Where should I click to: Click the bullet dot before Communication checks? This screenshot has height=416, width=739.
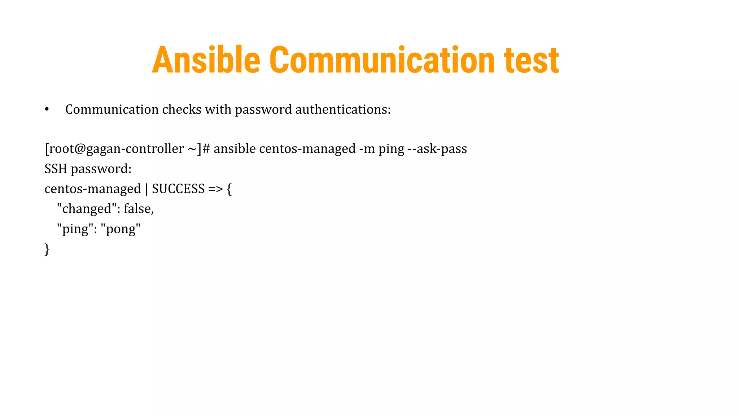(47, 109)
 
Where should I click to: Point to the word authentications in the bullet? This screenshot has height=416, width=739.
(343, 109)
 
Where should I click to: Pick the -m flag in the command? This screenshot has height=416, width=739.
(367, 148)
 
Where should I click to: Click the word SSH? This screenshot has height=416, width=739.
(56, 169)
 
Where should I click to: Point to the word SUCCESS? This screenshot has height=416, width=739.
(178, 188)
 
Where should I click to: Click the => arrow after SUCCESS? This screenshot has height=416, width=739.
(215, 189)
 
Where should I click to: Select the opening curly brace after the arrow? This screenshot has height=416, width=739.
(229, 189)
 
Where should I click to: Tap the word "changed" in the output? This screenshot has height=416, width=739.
(87, 209)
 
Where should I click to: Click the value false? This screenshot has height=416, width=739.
(139, 209)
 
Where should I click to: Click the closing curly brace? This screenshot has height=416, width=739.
(47, 249)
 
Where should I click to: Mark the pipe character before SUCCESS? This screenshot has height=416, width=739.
(147, 189)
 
